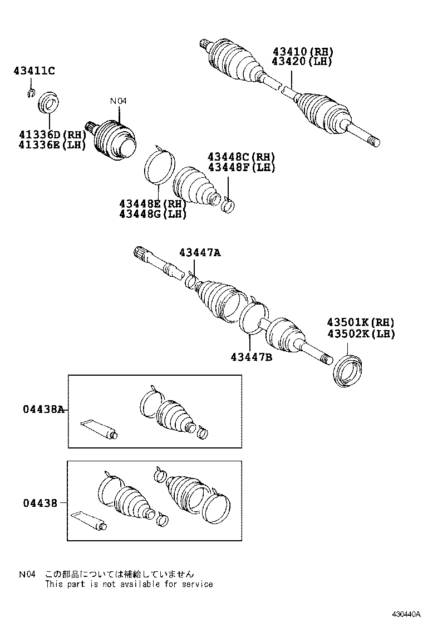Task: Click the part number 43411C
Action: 35,71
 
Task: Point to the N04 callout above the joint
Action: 118,101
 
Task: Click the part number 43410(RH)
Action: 302,52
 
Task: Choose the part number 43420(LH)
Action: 302,61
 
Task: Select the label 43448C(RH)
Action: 242,157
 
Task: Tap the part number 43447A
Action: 200,253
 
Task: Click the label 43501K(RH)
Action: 361,322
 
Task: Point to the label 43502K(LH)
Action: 361,333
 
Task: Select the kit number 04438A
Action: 44,410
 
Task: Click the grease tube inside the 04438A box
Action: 100,429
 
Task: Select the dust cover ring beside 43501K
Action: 348,370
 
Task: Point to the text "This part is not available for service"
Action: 129,584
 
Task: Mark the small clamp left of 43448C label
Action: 228,203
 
